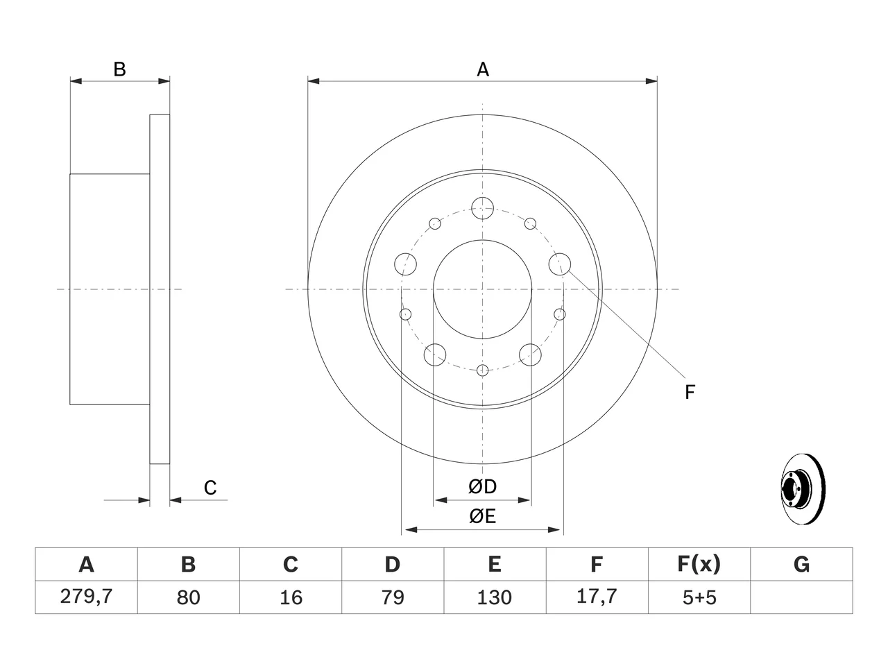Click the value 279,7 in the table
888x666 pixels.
[86, 597]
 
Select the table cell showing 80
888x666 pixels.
[188, 597]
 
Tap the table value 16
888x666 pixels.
[291, 597]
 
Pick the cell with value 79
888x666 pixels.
[393, 597]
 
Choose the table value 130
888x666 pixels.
[495, 597]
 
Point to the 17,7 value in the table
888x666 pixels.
[597, 597]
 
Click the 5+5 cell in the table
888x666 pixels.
[699, 597]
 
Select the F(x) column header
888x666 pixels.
[699, 564]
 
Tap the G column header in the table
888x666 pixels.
[801, 564]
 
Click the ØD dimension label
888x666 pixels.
[482, 486]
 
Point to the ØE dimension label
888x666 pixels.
[482, 516]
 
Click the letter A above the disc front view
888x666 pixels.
[483, 69]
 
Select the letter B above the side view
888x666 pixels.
[119, 69]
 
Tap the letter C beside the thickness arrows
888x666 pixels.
[210, 488]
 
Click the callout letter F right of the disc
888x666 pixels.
[690, 392]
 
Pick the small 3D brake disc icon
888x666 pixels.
[803, 489]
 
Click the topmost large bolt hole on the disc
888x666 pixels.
[482, 197]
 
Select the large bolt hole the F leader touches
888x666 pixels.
[559, 253]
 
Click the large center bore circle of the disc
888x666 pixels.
[482, 240]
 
